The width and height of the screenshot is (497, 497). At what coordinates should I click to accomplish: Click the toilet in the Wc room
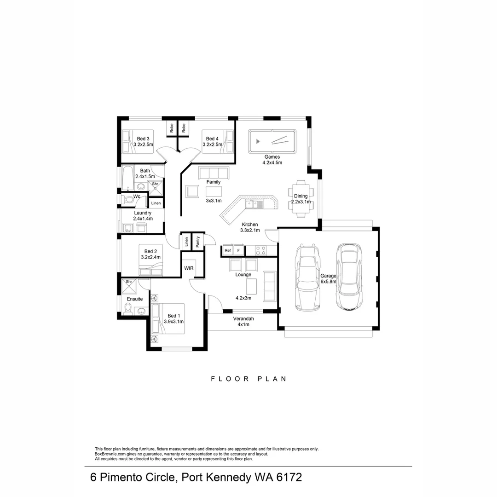click(126, 199)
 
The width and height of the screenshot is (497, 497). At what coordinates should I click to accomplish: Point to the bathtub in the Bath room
click(127, 179)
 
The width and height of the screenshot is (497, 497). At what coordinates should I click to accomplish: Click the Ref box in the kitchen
click(228, 250)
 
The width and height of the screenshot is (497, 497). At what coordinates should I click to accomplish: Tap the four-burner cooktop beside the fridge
click(260, 250)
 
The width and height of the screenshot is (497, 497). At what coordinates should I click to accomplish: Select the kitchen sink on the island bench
click(254, 204)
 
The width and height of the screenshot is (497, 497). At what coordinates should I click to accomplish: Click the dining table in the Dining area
click(301, 199)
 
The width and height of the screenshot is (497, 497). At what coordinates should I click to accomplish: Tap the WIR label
click(189, 268)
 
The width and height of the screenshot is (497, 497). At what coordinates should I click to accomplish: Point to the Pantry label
click(197, 242)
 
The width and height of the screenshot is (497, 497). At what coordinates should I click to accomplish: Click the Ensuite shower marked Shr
click(129, 285)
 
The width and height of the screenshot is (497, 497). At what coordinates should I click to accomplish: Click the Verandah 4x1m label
click(243, 321)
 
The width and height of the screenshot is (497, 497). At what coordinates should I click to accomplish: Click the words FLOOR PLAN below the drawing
click(248, 379)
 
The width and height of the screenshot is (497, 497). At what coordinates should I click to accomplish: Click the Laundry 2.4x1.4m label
click(143, 216)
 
